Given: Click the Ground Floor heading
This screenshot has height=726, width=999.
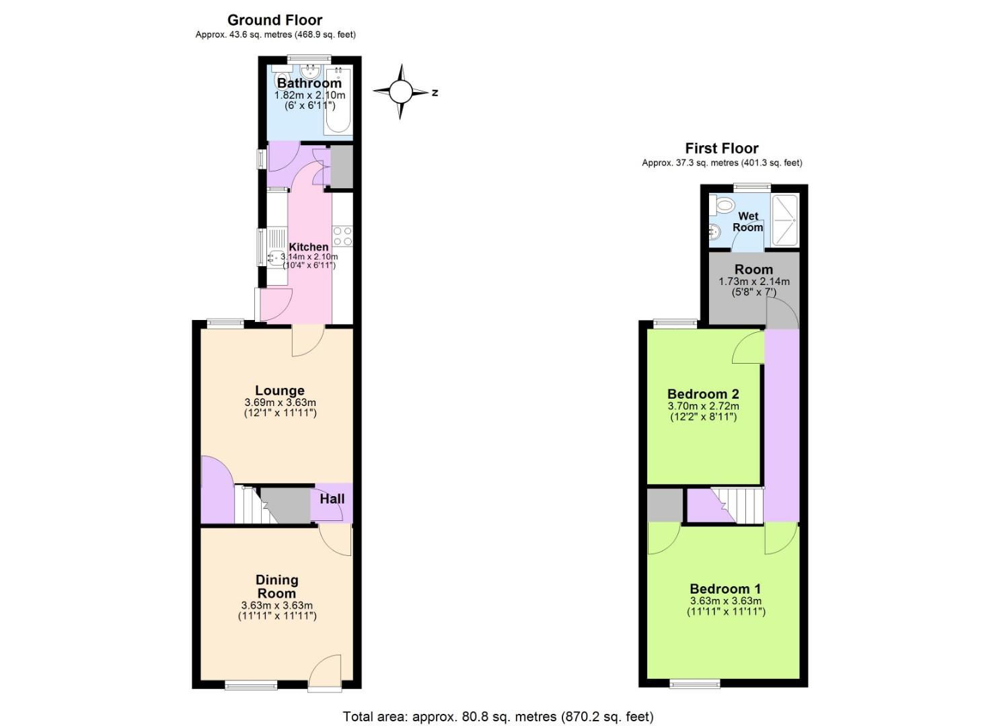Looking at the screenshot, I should (274, 20).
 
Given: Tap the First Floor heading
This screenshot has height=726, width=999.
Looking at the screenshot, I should (721, 149).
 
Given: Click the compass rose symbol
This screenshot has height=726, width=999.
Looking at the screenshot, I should (401, 91).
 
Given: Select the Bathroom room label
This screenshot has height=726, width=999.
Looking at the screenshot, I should (309, 83).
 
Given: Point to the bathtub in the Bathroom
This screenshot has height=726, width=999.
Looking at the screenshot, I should (337, 101).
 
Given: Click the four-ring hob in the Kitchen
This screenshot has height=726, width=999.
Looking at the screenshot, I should (342, 236).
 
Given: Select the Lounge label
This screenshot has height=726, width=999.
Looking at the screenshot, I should (279, 391).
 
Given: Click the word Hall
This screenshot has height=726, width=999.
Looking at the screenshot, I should (332, 499).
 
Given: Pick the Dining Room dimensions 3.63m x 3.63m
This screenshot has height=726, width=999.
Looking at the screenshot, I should (276, 605).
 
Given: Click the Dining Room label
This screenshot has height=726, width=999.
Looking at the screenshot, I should (276, 586).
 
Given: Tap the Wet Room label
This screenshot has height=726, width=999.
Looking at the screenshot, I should (748, 222).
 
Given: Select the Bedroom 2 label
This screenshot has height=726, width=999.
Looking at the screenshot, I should (703, 394).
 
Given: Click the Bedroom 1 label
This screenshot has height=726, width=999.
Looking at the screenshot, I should (725, 589).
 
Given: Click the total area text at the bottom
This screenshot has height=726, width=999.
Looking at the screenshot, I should (498, 717).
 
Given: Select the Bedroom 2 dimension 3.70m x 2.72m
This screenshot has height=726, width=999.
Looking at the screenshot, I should (703, 406).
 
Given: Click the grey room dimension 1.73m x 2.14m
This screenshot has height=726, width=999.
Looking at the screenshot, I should (753, 282).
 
